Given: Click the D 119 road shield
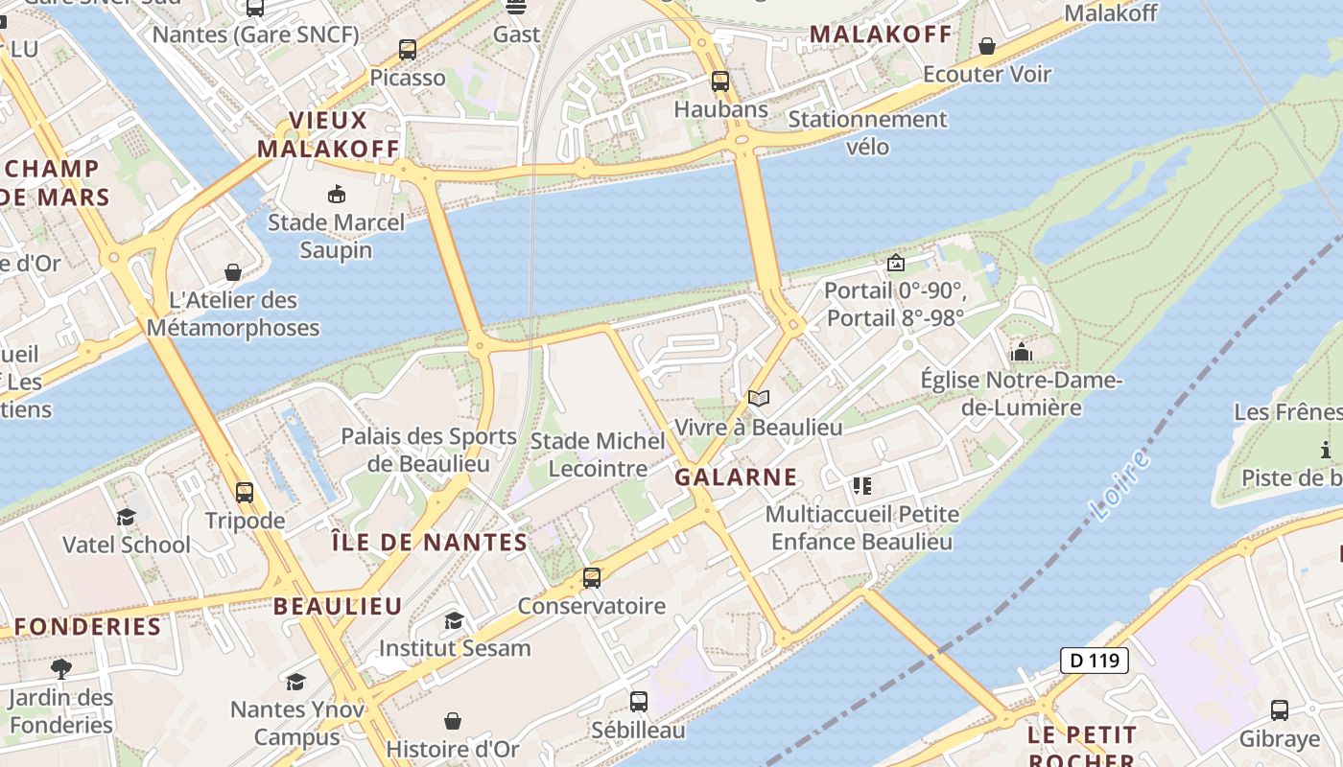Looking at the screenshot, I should point(1095,661).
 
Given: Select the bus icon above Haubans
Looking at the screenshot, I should point(720,81).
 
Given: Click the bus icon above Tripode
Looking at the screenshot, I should point(245,493).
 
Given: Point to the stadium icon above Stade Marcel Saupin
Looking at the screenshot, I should point(337,195).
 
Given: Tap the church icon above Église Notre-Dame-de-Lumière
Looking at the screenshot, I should point(1021,353).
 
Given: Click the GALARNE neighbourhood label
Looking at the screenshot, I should point(736,476).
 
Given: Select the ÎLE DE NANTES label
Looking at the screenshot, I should point(429,543).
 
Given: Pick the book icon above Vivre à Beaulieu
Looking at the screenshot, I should point(759,398).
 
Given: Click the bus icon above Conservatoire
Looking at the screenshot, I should point(592,578).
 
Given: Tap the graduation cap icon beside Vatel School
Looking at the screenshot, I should point(126,518).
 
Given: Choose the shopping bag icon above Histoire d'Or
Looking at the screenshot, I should point(453,721).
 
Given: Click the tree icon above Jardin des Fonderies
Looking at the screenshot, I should point(61,668).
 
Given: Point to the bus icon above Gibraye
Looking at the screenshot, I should point(1279,710).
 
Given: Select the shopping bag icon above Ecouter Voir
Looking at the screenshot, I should point(987,46).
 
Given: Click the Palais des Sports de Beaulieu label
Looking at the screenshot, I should point(429,450).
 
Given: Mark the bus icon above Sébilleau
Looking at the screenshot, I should point(639,702).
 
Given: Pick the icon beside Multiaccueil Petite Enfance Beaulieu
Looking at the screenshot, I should point(862,486).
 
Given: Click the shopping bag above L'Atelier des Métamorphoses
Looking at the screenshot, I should point(232,273).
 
